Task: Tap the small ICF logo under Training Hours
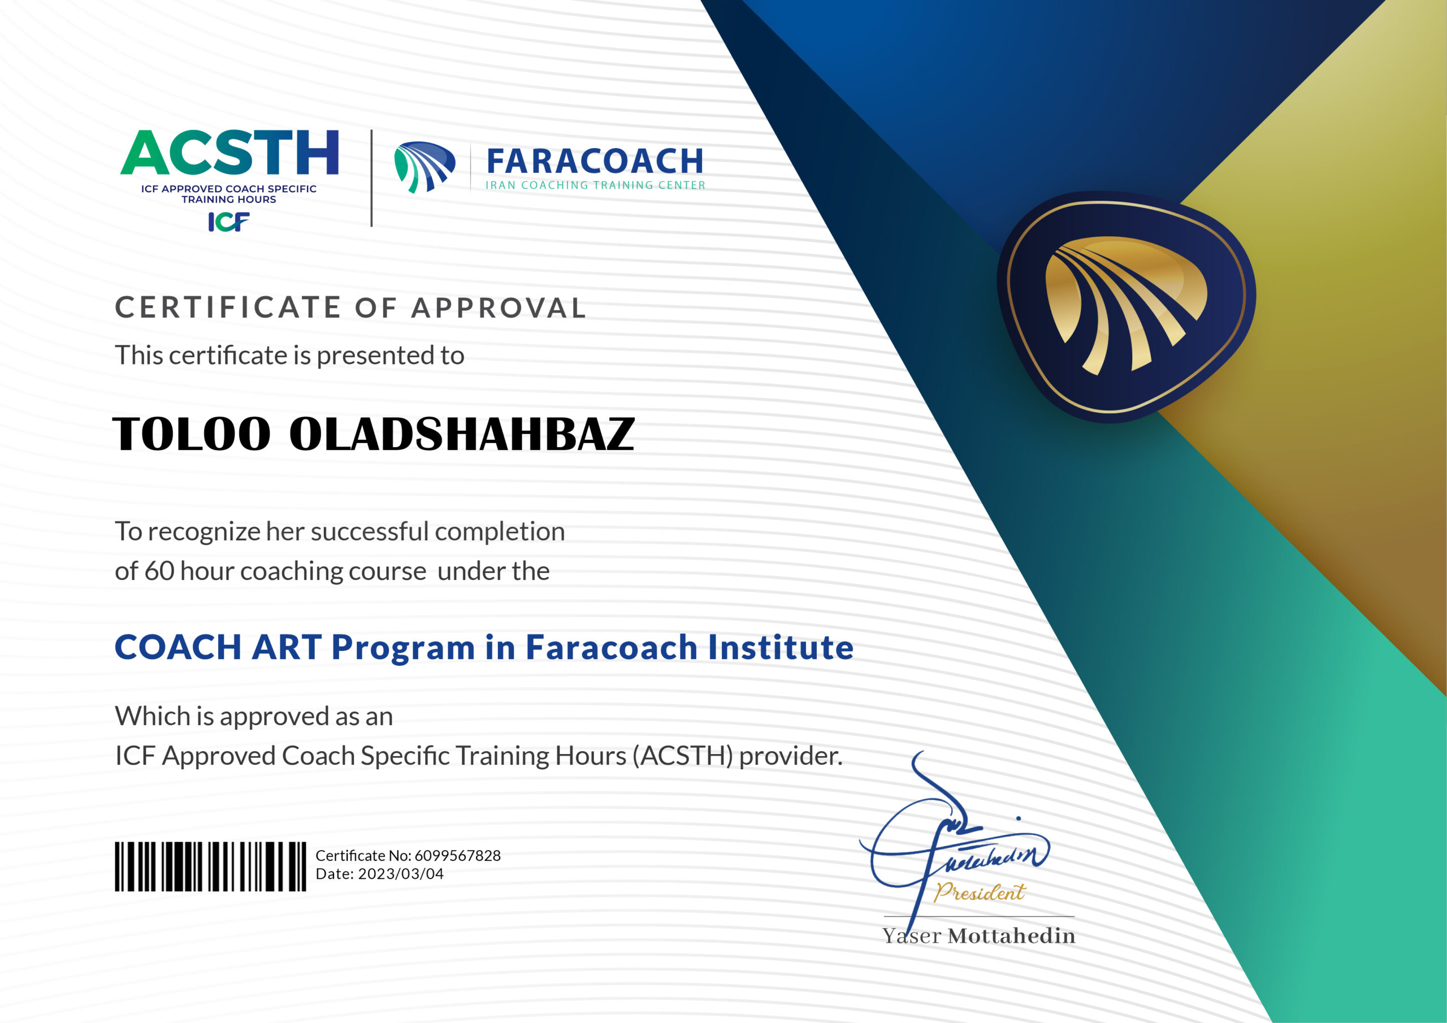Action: coord(229,222)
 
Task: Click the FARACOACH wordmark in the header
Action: coord(595,161)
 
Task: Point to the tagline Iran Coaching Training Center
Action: coord(595,185)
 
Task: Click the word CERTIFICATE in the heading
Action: coord(228,307)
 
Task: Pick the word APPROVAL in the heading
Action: coord(499,308)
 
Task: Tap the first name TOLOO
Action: coord(192,434)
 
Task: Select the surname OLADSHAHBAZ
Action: coord(462,434)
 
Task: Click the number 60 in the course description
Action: coord(159,571)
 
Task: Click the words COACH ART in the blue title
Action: coord(218,647)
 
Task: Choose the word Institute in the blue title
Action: coord(781,647)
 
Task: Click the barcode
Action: coord(210,866)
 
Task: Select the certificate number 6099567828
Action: coord(457,855)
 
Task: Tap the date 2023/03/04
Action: coord(401,874)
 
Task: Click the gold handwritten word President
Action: coord(980,892)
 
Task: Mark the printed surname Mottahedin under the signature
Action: coord(1012,936)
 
